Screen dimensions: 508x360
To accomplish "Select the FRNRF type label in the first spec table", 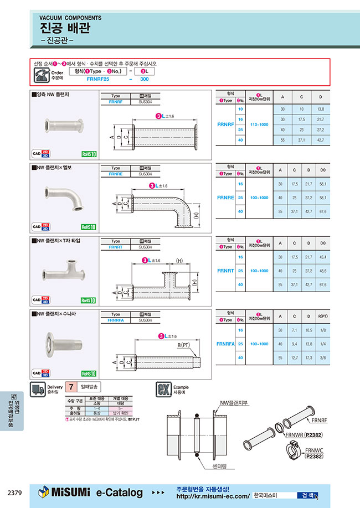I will click(x=226, y=125).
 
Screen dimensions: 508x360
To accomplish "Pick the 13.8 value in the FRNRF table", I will click(x=320, y=110).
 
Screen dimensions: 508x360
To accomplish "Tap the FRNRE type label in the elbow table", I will click(x=226, y=197).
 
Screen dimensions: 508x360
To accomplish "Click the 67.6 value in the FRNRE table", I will click(x=337, y=211).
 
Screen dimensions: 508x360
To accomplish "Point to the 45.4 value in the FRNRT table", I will click(x=337, y=257).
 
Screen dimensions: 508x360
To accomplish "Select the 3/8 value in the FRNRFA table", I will click(x=337, y=358).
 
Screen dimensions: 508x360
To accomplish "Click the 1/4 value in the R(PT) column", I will click(x=337, y=344).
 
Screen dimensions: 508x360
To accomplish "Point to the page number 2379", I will click(x=15, y=492).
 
